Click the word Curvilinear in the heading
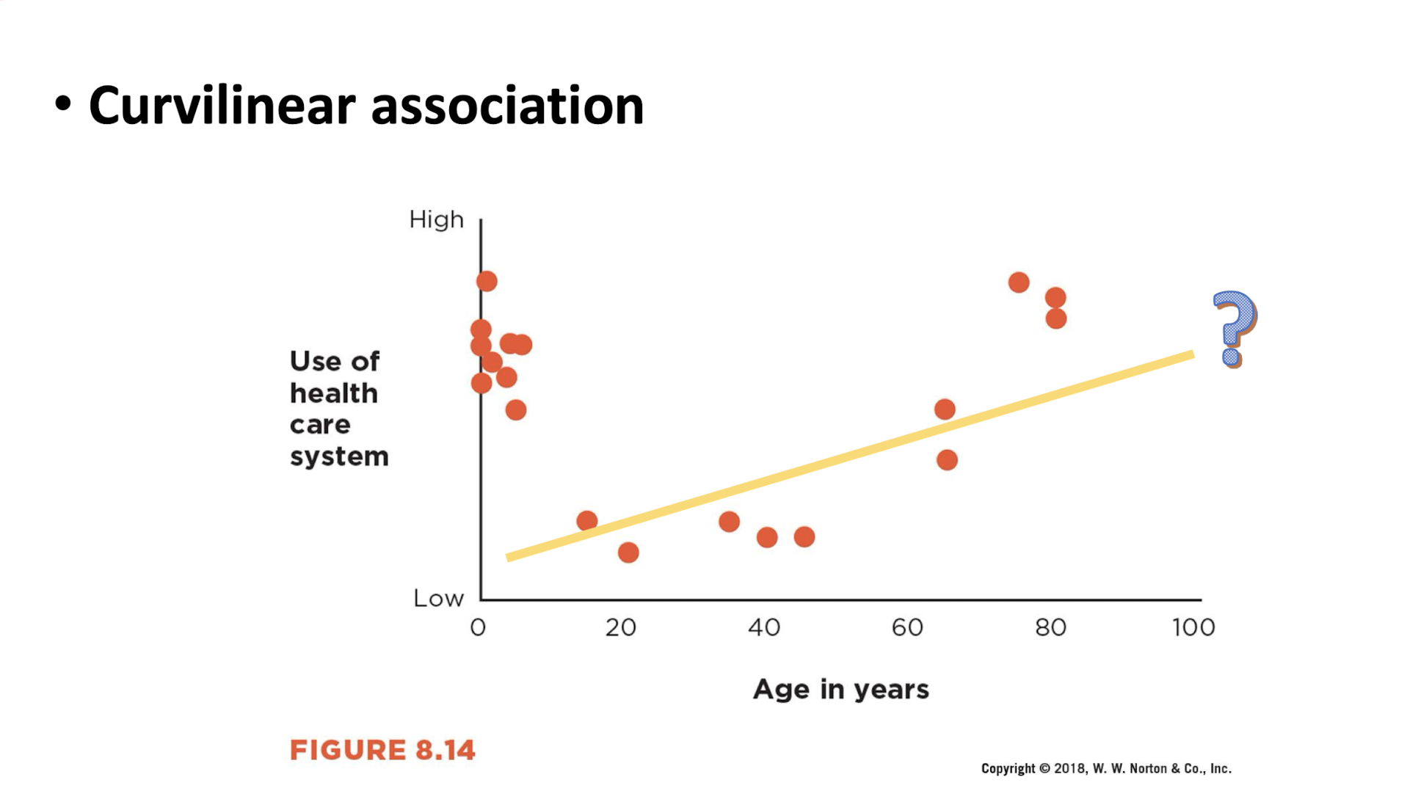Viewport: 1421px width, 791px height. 222,106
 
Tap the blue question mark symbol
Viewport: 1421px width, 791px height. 1235,327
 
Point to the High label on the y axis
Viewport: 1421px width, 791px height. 436,219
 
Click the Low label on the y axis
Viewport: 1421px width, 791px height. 438,599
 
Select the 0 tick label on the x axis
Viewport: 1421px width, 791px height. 478,627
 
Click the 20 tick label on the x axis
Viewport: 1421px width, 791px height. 620,627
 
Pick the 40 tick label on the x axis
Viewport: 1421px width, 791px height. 763,627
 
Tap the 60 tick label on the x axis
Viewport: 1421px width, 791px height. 907,627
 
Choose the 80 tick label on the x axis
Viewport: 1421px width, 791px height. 1050,627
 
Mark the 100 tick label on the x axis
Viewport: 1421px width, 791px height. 1193,627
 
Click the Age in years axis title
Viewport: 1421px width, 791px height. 840,689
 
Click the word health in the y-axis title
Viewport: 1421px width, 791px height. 333,393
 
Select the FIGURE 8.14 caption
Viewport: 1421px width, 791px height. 382,750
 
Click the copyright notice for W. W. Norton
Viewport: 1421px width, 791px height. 1105,768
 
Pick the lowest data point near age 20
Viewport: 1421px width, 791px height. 628,553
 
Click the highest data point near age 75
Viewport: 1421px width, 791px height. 1019,282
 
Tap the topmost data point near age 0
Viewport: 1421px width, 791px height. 487,281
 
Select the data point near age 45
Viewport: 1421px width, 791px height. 804,537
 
